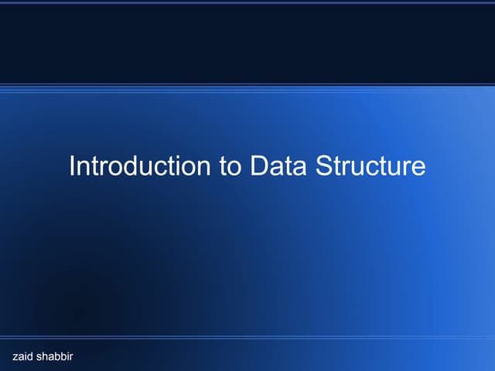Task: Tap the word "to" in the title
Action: click(230, 167)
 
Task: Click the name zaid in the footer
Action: click(23, 356)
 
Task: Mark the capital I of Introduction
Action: click(72, 166)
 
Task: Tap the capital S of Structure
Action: click(323, 166)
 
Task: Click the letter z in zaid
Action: click(15, 356)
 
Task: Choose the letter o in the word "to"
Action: click(234, 168)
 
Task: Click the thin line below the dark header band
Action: click(247, 84)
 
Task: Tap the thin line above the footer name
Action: click(247, 338)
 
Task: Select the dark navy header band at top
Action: click(247, 43)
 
